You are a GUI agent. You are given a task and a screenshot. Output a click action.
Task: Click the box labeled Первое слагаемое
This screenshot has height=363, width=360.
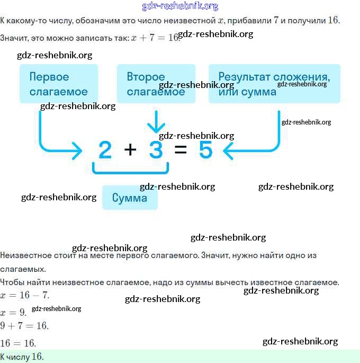point(59,84)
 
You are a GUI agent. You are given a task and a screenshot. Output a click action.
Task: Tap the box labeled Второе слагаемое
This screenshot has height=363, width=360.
point(156,84)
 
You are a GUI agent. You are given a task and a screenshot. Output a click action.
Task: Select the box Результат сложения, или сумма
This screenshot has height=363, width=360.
point(274,84)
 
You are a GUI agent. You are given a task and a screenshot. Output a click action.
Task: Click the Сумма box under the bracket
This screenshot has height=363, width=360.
point(129,198)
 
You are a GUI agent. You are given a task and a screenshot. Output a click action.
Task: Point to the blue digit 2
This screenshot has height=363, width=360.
point(105,150)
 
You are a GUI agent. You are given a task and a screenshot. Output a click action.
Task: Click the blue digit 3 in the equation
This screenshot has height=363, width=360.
point(156,150)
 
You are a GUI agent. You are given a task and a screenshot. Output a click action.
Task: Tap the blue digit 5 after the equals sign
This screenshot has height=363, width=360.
point(205,150)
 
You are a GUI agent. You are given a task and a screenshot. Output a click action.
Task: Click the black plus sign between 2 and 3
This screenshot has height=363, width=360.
point(130,150)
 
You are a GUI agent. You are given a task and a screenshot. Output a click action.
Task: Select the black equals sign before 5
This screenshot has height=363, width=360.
point(181,150)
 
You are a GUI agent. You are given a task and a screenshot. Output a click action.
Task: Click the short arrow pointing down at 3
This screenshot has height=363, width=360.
point(156,123)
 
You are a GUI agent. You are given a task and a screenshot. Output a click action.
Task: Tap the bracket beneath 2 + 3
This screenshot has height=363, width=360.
point(131,170)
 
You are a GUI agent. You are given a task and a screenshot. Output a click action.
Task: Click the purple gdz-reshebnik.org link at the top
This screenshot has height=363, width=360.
point(180,6)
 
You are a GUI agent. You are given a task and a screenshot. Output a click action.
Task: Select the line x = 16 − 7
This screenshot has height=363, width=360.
point(25,295)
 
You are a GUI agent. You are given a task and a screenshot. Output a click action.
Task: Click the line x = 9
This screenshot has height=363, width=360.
point(13,313)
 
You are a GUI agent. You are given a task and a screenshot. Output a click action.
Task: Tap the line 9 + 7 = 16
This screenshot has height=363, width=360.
point(24,325)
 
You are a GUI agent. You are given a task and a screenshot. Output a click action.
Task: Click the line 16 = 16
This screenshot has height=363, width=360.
point(18,343)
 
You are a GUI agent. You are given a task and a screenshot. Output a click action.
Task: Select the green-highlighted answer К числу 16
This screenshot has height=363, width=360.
point(22,357)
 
